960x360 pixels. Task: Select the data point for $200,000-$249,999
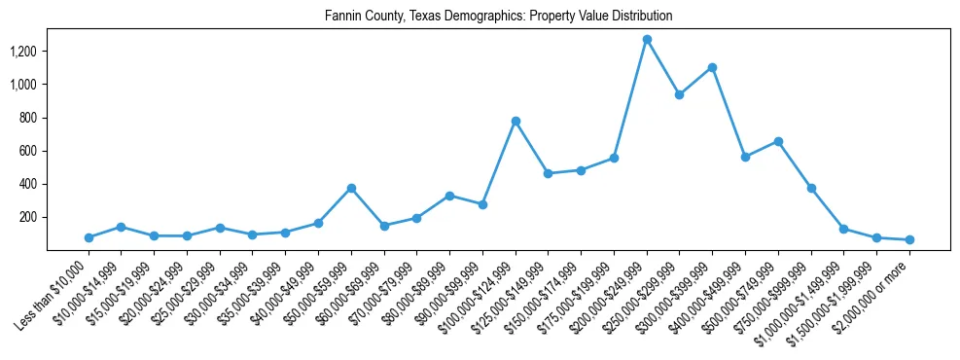[x=647, y=40]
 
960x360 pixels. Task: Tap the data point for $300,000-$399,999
[x=712, y=67]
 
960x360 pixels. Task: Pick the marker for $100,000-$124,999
[x=516, y=121]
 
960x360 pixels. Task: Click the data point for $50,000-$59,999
[x=351, y=188]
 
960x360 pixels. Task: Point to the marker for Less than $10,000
[x=89, y=237]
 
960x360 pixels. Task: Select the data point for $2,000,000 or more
[x=909, y=239]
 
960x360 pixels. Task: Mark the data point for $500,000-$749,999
[x=778, y=141]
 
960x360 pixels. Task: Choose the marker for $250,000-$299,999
[x=680, y=94]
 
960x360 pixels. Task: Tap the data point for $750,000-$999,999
[x=811, y=188]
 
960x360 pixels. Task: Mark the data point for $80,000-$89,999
[x=449, y=196]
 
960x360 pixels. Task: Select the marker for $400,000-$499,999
[x=745, y=157]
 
